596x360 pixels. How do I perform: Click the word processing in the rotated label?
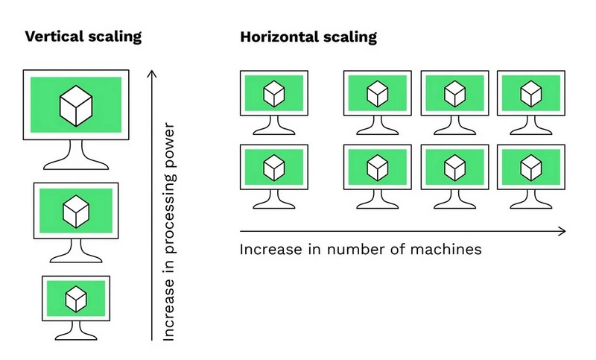pyautogui.click(x=169, y=218)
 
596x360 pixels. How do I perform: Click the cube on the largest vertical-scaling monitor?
pyautogui.click(x=75, y=104)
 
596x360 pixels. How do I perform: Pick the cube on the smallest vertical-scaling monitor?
pyautogui.click(x=75, y=298)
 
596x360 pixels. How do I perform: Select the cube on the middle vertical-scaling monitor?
pyautogui.click(x=75, y=210)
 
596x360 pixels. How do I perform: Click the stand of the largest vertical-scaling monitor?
pyautogui.click(x=75, y=155)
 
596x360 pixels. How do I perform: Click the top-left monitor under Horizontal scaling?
pyautogui.click(x=273, y=93)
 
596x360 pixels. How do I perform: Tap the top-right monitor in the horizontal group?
pyautogui.click(x=530, y=93)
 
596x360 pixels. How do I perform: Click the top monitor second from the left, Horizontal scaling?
pyautogui.click(x=377, y=93)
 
